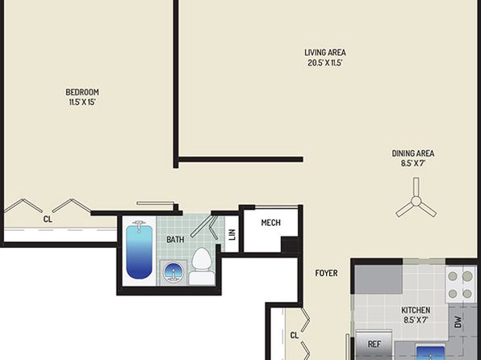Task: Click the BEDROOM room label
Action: [82, 92]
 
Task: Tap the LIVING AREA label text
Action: [325, 52]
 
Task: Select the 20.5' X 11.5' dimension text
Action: [325, 63]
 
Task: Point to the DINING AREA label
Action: [413, 153]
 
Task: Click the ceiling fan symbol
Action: [416, 199]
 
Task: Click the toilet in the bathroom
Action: [201, 266]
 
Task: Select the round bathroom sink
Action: [173, 272]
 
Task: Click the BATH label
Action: [175, 240]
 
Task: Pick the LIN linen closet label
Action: [232, 234]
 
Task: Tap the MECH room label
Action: [270, 223]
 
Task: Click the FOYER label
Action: [326, 273]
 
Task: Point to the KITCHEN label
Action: [416, 310]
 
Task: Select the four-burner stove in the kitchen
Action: [460, 285]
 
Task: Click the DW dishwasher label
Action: [458, 322]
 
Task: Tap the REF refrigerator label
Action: [374, 344]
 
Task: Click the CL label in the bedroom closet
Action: [48, 219]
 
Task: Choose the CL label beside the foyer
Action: [295, 336]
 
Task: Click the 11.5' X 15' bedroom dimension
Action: [82, 103]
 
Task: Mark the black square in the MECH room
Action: [290, 245]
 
